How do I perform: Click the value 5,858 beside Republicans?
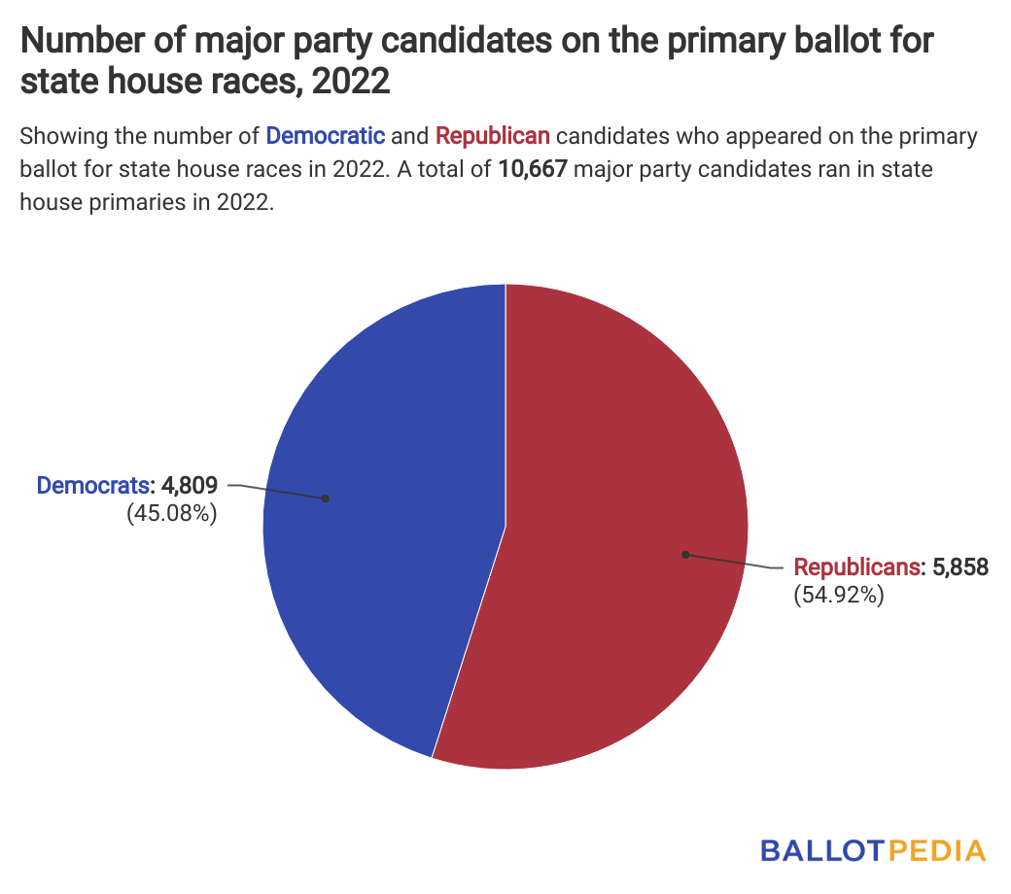pos(960,567)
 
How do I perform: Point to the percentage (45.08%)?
pos(171,513)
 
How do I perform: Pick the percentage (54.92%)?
pos(839,596)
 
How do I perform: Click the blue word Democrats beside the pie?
pos(93,484)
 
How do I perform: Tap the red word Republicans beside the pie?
pos(856,567)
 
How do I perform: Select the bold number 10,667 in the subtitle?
pos(533,169)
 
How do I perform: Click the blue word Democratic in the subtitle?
pos(326,135)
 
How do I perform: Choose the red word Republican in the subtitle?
pos(493,135)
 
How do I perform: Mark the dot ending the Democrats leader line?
pos(326,499)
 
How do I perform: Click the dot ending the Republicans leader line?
pos(685,555)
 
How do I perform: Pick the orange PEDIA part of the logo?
pos(935,850)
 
